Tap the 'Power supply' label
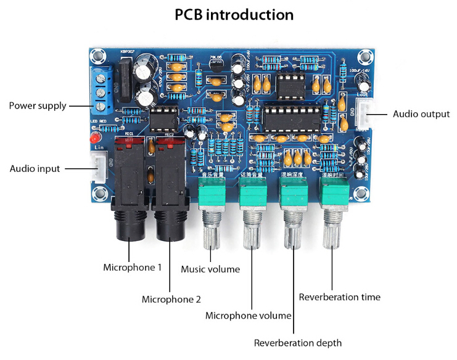(x=38, y=105)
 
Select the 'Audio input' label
(x=35, y=168)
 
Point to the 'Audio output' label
(x=421, y=114)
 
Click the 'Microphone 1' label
(x=132, y=268)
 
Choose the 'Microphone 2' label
(x=171, y=300)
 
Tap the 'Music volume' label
(x=210, y=269)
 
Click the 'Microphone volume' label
(x=248, y=316)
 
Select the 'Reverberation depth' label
(x=298, y=343)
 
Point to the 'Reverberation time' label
(x=339, y=297)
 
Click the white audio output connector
(x=366, y=113)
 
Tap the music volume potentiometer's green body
(x=212, y=195)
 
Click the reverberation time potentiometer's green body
(x=334, y=195)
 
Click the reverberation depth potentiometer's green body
(x=294, y=195)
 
